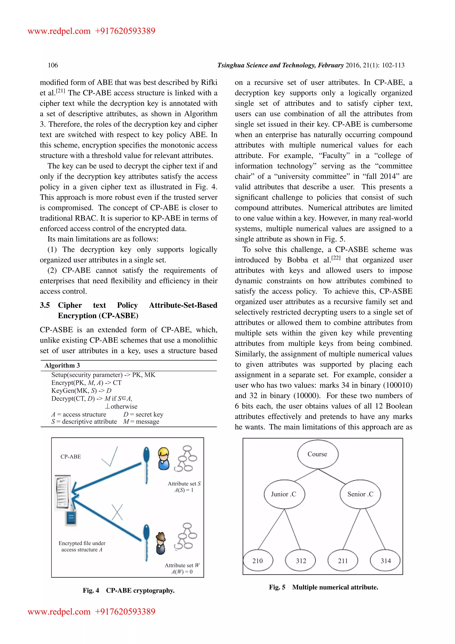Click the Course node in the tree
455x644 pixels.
pos(317,454)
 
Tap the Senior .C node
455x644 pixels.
pos(360,494)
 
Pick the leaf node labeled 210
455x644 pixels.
pos(258,561)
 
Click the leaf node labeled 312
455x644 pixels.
pos(301,561)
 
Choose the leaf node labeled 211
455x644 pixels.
pos(343,561)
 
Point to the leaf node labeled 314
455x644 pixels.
pos(385,561)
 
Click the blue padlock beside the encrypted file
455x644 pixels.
pos(71,517)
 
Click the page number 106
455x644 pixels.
pos(53,65)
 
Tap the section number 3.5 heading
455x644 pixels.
pos(45,305)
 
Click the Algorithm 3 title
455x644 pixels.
pos(62,366)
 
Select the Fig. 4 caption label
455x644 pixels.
pos(91,590)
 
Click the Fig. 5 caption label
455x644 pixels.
pos(277,587)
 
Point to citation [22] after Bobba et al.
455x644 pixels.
pos(336,258)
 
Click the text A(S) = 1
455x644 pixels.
pos(184,490)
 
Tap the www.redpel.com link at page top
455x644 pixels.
pos(59,31)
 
